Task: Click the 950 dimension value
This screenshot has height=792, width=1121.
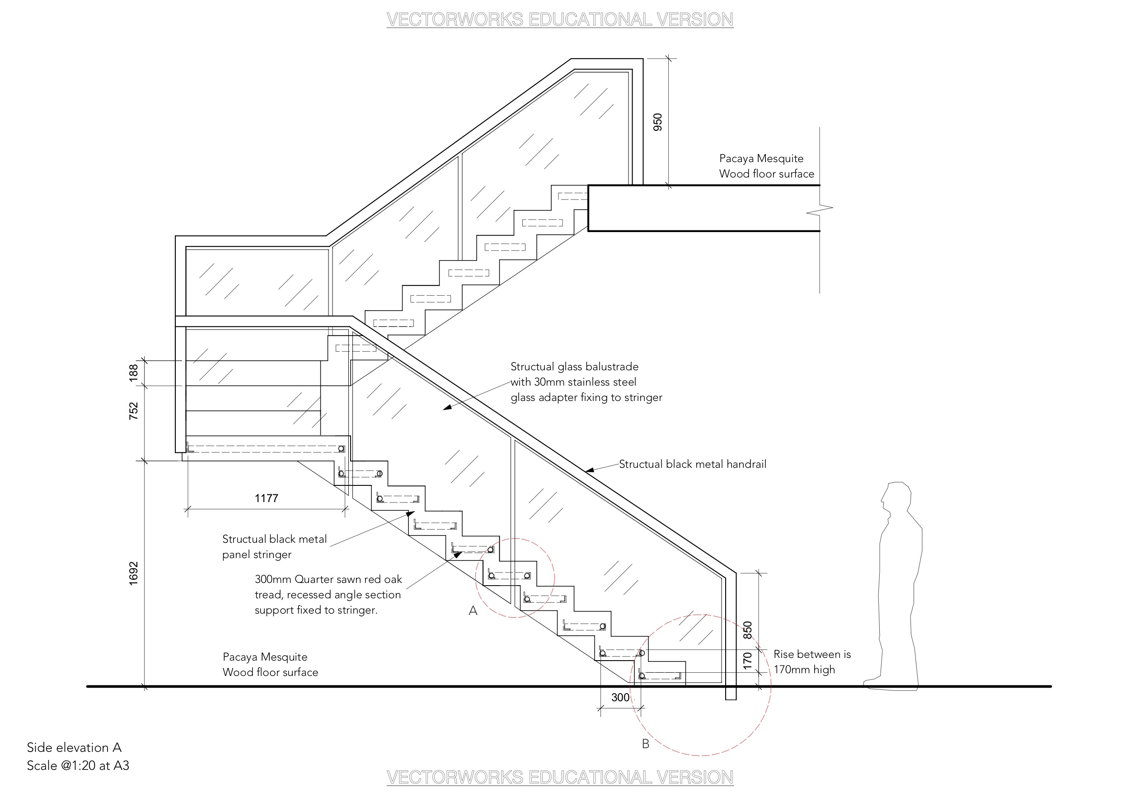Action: [658, 122]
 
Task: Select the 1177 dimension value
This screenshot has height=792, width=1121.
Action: [267, 498]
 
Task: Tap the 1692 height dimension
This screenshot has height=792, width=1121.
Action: [133, 573]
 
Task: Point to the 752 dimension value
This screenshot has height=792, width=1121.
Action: [133, 411]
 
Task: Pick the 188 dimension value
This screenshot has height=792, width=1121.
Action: [133, 373]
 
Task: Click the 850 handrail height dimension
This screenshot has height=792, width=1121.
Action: [747, 630]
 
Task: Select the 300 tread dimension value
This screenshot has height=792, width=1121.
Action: [620, 697]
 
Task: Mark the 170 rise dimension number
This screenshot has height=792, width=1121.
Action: [747, 661]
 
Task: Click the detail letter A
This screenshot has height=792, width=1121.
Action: [473, 610]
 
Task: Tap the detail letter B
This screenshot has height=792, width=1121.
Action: [646, 744]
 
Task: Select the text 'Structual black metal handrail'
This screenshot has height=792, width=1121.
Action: [693, 464]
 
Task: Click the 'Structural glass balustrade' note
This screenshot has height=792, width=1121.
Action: [575, 367]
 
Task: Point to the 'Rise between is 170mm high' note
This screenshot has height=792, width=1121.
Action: [812, 662]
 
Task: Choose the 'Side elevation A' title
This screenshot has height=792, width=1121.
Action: [74, 747]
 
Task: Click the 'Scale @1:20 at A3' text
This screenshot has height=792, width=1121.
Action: [78, 765]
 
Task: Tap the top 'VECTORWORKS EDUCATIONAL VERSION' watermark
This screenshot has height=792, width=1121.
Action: [560, 19]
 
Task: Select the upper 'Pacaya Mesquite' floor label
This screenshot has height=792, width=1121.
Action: [761, 158]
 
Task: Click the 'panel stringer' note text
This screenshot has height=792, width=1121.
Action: [257, 554]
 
